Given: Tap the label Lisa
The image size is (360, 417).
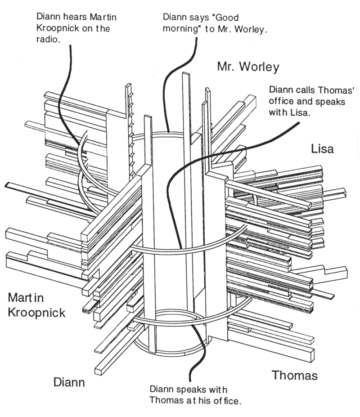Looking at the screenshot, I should (x=322, y=149).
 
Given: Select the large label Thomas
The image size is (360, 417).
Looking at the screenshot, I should (x=295, y=375).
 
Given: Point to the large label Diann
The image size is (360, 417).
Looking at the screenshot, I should (x=69, y=382).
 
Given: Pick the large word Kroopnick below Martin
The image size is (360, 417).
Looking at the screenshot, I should (x=37, y=312).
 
